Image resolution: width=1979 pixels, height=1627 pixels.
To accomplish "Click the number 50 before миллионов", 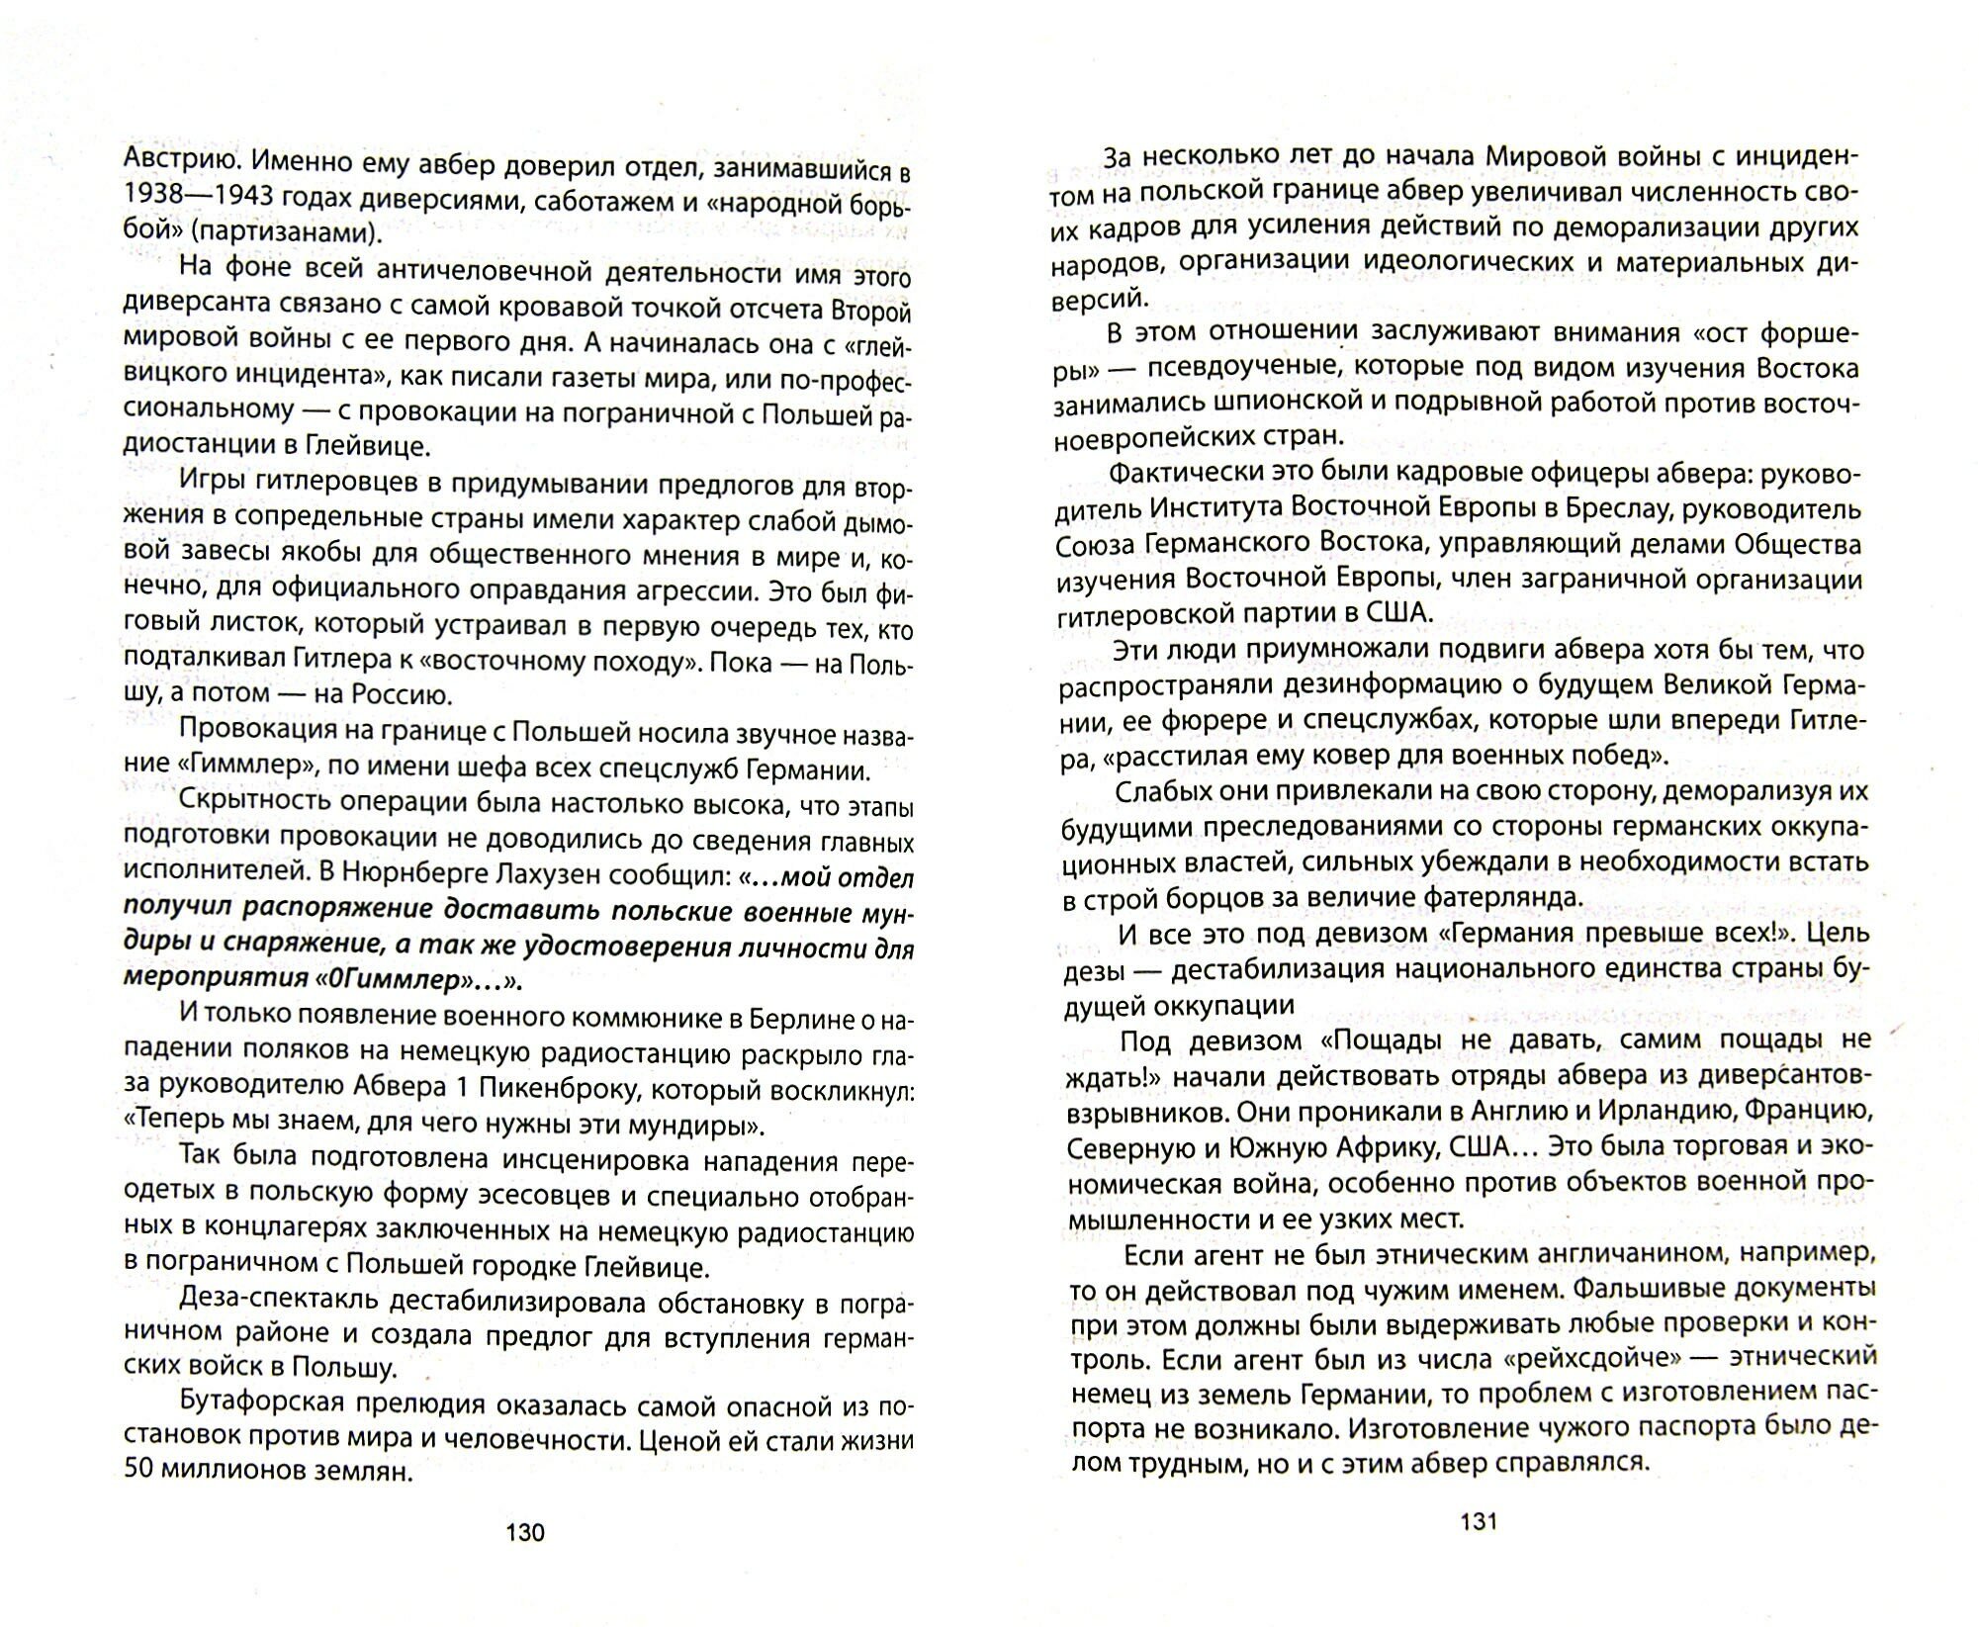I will click(x=141, y=1472).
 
